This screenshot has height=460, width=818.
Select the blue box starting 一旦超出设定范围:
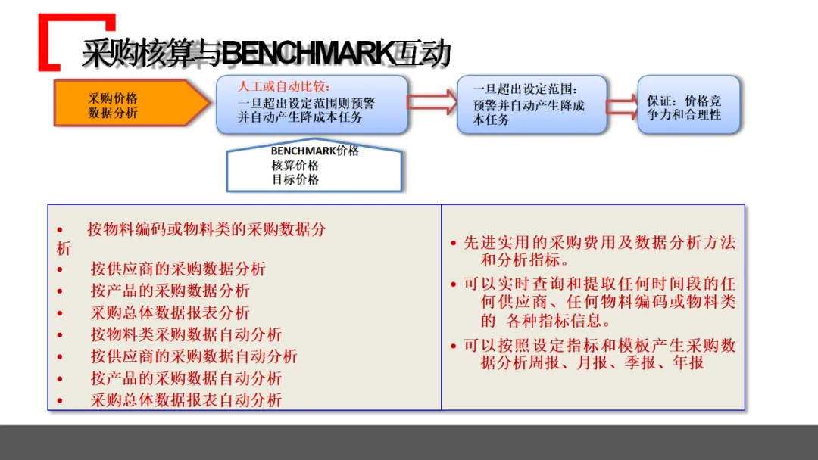(531, 104)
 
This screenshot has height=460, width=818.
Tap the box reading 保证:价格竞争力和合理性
(688, 107)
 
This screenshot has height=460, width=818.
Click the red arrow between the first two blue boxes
(431, 103)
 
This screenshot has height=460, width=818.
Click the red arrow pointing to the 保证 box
(621, 107)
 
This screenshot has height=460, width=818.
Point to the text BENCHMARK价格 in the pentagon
(315, 151)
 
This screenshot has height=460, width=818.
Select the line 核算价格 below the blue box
(295, 165)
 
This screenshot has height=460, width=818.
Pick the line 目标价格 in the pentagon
(295, 179)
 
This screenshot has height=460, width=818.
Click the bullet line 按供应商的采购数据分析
(178, 269)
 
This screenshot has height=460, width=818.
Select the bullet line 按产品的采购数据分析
(170, 291)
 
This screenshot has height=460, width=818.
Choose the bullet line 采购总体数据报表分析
(170, 312)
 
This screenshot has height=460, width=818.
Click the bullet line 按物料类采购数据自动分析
(186, 334)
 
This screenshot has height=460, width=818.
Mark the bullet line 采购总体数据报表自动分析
(186, 400)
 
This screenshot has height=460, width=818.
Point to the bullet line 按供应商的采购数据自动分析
(194, 356)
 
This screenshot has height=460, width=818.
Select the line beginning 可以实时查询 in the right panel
(599, 284)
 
